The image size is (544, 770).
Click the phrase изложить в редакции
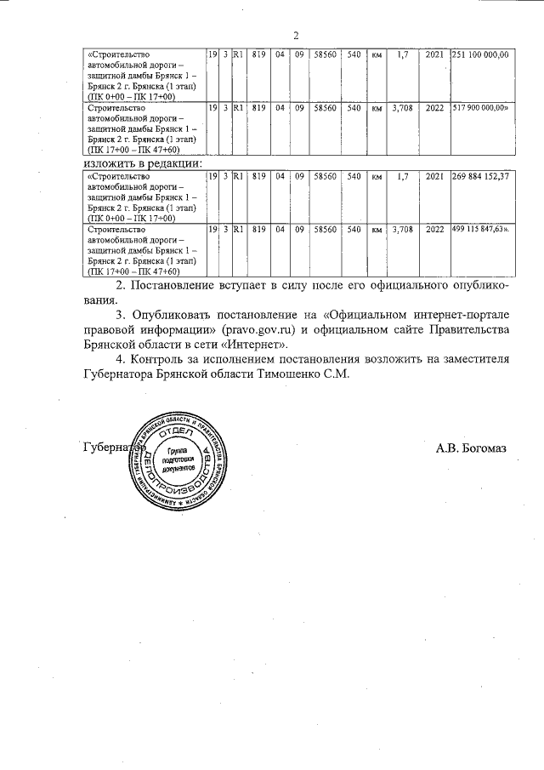pos(143,162)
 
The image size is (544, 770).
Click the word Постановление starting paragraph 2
pos(176,284)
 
